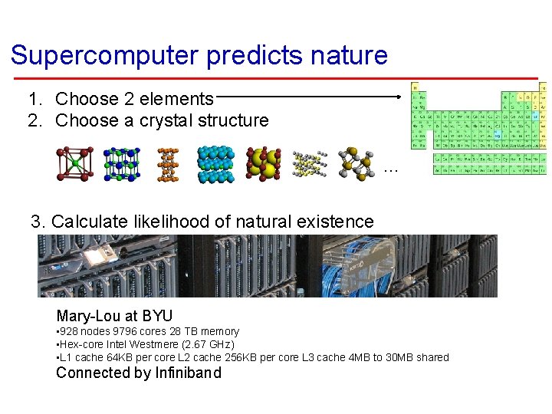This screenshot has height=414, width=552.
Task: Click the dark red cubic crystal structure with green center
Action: pyautogui.click(x=74, y=163)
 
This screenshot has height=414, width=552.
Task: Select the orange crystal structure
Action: pyautogui.click(x=167, y=163)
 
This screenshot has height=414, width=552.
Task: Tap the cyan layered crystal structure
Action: pyautogui.click(x=215, y=163)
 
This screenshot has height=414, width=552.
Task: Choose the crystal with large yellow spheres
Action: pyautogui.click(x=264, y=163)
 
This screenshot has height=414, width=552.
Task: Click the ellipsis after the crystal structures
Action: pyautogui.click(x=390, y=168)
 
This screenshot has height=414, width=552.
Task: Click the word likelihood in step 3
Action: pyautogui.click(x=176, y=222)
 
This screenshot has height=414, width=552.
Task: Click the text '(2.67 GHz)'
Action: pyautogui.click(x=206, y=344)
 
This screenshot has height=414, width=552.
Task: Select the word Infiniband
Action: pyautogui.click(x=188, y=373)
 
